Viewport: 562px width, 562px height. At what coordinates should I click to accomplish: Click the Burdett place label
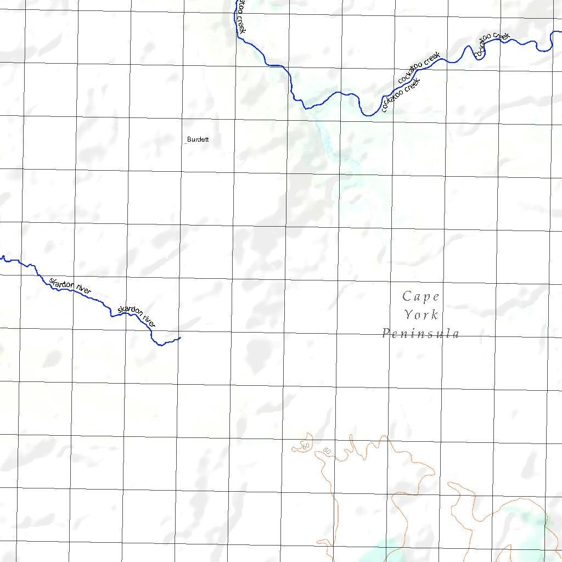coord(198,139)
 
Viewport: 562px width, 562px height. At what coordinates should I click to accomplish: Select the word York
coord(421,315)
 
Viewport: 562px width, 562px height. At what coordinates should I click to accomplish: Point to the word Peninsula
coord(421,333)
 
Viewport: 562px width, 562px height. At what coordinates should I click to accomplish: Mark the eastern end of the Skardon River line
coord(180,338)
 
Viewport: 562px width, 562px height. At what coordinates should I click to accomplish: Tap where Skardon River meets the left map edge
coord(1,256)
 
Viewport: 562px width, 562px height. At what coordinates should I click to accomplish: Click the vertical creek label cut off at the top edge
coord(241,16)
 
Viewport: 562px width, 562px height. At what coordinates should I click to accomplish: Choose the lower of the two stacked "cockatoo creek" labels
coord(401,94)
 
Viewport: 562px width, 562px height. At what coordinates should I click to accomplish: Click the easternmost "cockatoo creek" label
coord(492,44)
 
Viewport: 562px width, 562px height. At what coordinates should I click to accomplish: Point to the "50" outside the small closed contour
coord(327,451)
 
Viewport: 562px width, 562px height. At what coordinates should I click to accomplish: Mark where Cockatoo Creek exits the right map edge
coord(560,31)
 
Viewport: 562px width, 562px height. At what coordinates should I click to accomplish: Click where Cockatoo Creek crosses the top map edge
coord(237,1)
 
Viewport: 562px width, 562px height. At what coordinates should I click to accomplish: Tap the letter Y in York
coord(409,315)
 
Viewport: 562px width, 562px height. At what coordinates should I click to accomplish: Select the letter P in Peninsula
coord(386,333)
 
